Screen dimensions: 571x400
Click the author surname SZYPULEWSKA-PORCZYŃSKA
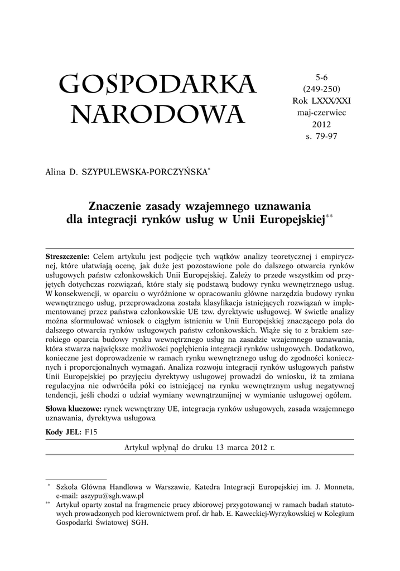coord(143,173)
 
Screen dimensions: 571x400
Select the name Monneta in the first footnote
coord(338,486)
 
